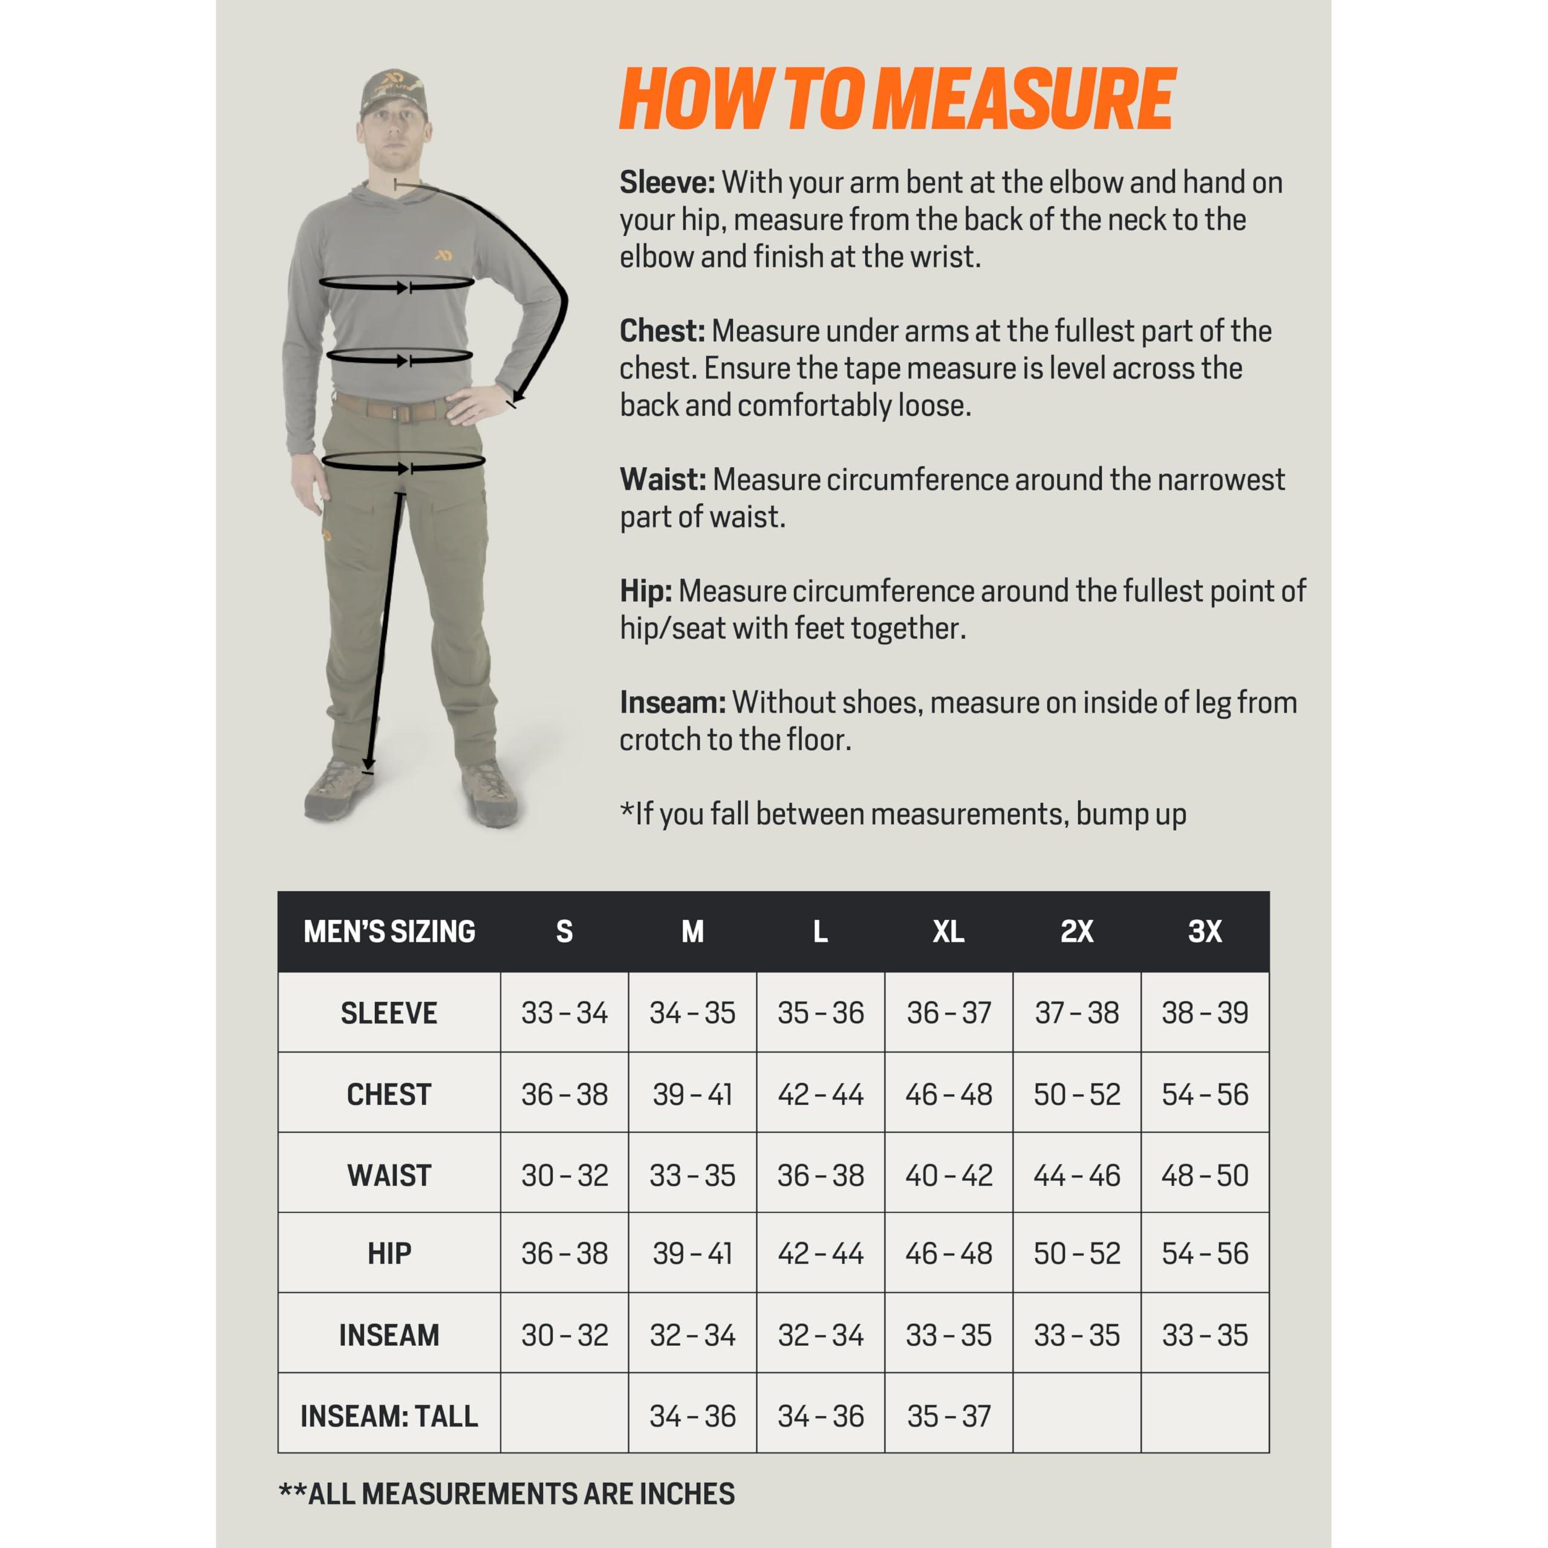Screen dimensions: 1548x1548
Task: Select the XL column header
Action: (948, 931)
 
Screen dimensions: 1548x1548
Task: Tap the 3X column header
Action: (1205, 931)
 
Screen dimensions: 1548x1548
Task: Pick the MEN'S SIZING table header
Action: (389, 931)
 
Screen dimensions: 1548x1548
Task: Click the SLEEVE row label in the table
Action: (389, 1013)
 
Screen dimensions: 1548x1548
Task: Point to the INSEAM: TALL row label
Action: (389, 1416)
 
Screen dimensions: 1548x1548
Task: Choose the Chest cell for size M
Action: (692, 1094)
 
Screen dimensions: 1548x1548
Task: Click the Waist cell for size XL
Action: (948, 1175)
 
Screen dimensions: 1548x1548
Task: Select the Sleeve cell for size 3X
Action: (1205, 1013)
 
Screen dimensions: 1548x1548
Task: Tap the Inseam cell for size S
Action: (564, 1335)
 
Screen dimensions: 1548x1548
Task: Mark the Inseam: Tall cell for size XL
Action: (948, 1416)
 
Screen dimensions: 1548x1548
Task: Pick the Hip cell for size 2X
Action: (1076, 1253)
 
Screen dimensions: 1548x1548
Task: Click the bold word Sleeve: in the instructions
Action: (666, 183)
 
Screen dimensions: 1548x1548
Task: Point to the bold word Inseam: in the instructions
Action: (672, 703)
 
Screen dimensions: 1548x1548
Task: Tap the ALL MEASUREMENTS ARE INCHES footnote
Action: (506, 1494)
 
